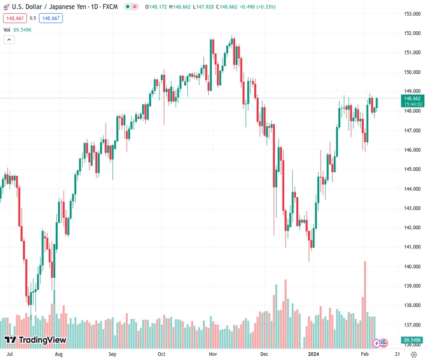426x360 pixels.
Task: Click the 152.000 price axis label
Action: point(412,33)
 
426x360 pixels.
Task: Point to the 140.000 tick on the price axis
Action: point(412,266)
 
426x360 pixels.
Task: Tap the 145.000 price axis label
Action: point(412,169)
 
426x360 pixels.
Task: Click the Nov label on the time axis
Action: point(213,354)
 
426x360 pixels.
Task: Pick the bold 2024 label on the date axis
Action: point(314,354)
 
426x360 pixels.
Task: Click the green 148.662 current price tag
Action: point(412,98)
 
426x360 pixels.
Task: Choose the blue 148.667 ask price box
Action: point(51,18)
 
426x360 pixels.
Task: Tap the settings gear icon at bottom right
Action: point(414,355)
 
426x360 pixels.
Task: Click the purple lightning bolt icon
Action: point(376,343)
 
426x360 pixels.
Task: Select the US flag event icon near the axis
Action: point(383,343)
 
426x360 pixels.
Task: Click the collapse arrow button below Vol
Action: point(9,40)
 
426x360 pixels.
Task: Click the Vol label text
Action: point(7,29)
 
